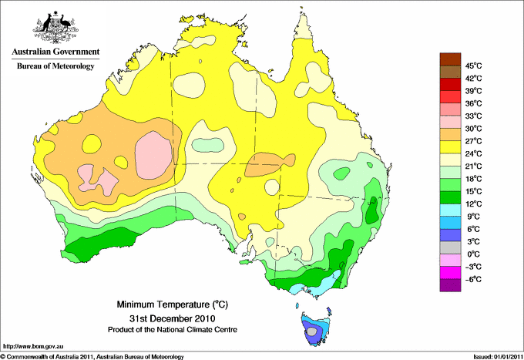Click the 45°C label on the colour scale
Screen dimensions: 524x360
pyautogui.click(x=474, y=66)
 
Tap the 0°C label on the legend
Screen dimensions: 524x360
pyautogui.click(x=474, y=254)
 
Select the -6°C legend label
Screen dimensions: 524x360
pyautogui.click(x=473, y=279)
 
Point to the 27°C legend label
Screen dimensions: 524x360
pyautogui.click(x=474, y=141)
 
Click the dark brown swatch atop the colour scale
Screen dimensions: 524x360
pyautogui.click(x=450, y=59)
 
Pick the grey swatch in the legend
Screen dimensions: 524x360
pyautogui.click(x=450, y=247)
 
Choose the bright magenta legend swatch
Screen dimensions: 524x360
pyautogui.click(x=450, y=273)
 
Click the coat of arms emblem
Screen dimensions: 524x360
pyautogui.click(x=55, y=27)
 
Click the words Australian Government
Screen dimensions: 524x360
pyautogui.click(x=55, y=52)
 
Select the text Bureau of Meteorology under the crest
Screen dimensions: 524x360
pyautogui.click(x=55, y=66)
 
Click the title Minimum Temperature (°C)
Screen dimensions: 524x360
pyautogui.click(x=173, y=304)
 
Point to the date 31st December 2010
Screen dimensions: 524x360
pyautogui.click(x=173, y=318)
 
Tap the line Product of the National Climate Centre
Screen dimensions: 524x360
pyautogui.click(x=173, y=330)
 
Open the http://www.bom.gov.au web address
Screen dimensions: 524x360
pyautogui.click(x=33, y=347)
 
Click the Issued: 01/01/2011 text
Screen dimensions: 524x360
pyautogui.click(x=498, y=357)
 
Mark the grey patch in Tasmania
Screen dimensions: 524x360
pyautogui.click(x=312, y=331)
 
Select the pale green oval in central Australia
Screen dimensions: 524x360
pyautogui.click(x=208, y=145)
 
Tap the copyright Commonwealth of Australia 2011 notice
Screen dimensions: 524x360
pyautogui.click(x=92, y=357)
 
